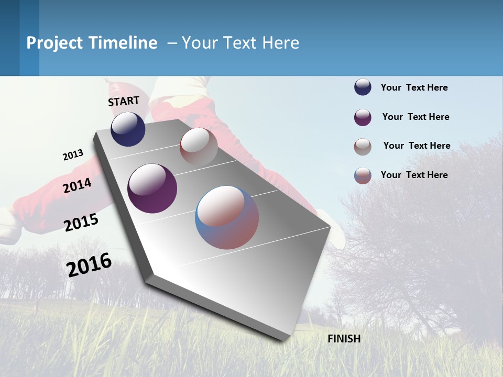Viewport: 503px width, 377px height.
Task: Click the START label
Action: click(x=124, y=101)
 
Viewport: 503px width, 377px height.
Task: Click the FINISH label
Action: click(x=344, y=339)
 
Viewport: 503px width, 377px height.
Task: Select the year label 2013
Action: click(x=73, y=155)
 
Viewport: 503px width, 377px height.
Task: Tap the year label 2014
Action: click(x=78, y=185)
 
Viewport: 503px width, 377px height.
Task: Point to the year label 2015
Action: click(x=81, y=223)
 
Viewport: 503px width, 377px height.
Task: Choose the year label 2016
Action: click(x=89, y=265)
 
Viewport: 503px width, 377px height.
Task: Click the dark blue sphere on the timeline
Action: click(x=128, y=129)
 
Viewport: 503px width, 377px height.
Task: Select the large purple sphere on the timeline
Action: click(x=152, y=188)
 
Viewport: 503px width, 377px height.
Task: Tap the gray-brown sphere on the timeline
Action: click(x=199, y=147)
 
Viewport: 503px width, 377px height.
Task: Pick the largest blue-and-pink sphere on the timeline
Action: click(x=227, y=217)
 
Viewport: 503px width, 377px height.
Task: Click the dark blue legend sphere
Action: click(x=363, y=87)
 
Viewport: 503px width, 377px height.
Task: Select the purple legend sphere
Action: click(x=363, y=117)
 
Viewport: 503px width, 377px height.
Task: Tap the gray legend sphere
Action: click(x=363, y=147)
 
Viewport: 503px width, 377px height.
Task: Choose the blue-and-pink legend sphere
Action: click(x=363, y=175)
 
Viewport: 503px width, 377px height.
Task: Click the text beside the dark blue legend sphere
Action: click(x=414, y=87)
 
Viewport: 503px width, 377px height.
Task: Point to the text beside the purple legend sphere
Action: click(x=415, y=117)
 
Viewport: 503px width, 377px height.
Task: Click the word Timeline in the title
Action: click(x=123, y=43)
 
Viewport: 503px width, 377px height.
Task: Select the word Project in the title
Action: click(x=55, y=43)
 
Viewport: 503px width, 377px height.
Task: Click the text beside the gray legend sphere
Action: click(x=417, y=146)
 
